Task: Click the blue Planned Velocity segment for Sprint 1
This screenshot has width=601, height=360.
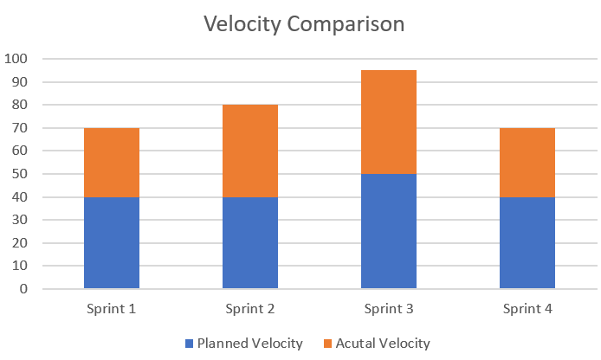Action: click(112, 243)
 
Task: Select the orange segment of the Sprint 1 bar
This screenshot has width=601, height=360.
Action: click(112, 163)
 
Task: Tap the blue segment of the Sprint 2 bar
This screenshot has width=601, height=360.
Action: click(250, 243)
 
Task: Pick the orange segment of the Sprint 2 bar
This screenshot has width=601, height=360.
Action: click(250, 151)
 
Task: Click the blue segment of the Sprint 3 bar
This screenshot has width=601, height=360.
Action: click(389, 232)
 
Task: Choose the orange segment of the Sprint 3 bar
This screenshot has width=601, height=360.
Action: click(389, 122)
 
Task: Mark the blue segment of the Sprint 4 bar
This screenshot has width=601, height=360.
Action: click(527, 243)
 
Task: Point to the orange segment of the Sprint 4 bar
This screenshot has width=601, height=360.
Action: click(527, 163)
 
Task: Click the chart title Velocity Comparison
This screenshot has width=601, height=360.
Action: click(304, 23)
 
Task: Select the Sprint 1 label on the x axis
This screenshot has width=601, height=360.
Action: click(112, 309)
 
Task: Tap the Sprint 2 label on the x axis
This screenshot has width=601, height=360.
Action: click(250, 309)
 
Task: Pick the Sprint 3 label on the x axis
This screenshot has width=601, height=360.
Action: click(389, 309)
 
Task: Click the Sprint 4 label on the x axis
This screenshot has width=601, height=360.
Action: click(527, 309)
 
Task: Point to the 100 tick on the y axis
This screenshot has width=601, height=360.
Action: click(16, 60)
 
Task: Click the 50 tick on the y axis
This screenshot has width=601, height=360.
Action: click(20, 174)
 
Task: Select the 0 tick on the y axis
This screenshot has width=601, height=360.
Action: click(23, 289)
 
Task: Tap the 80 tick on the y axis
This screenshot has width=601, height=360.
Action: click(20, 106)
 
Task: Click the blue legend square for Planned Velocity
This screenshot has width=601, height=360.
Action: click(190, 344)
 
